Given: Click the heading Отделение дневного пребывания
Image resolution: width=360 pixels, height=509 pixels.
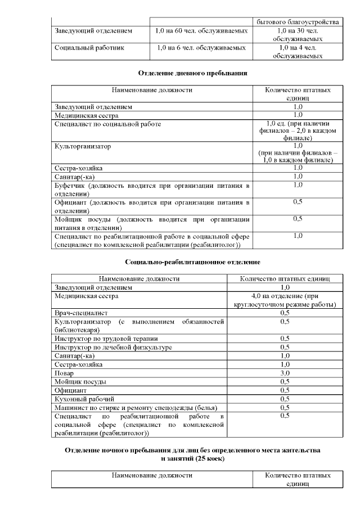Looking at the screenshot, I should [193, 73].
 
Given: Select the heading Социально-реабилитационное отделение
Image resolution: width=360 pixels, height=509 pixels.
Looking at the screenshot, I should [193, 262].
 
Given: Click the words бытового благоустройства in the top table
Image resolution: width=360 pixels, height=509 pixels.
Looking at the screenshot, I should [298, 22].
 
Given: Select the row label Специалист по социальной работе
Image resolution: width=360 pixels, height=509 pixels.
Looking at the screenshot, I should [107, 124].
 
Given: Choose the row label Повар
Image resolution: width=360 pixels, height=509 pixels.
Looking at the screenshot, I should [64, 373].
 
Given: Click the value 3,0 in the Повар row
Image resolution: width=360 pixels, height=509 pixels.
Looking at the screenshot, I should [285, 373].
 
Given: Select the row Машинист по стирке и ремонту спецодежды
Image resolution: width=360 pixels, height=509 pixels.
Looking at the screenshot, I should [136, 407].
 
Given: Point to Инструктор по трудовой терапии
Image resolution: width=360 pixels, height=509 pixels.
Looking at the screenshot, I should [106, 339].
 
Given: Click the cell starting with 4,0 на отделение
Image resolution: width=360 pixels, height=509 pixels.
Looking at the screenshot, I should [285, 300].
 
